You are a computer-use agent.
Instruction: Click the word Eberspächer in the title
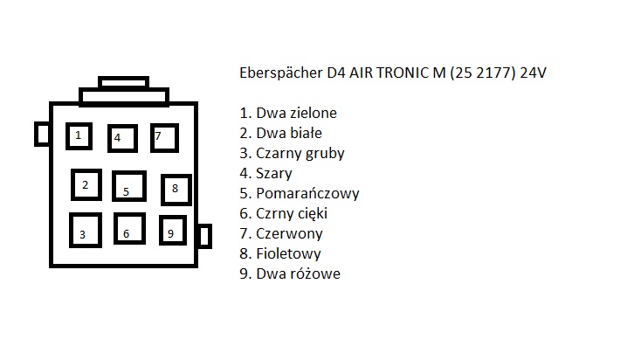(x=281, y=73)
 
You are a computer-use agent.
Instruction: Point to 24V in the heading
(x=533, y=73)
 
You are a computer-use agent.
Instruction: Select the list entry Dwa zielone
(x=296, y=113)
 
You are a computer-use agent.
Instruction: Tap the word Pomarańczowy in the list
(x=307, y=193)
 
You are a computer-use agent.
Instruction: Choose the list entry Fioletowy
(x=288, y=253)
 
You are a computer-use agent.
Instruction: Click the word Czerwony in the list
(x=289, y=233)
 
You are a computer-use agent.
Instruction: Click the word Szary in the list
(x=274, y=174)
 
